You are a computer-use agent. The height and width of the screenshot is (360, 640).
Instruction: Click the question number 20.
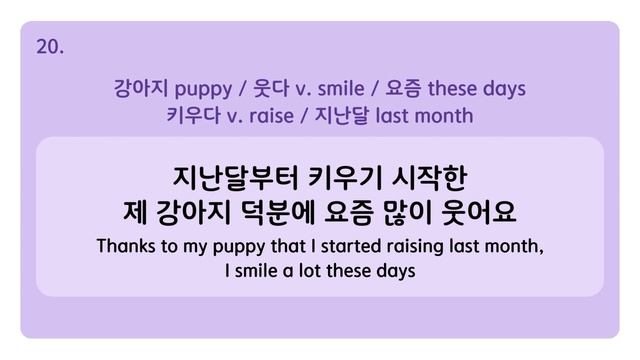50,46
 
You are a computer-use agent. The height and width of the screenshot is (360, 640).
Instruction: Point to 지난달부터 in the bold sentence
231,178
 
